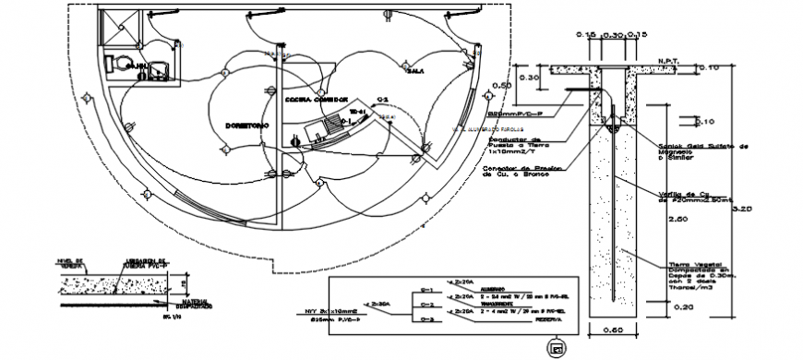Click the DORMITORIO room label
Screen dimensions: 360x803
pyautogui.click(x=245, y=123)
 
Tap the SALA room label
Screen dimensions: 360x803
pyautogui.click(x=415, y=70)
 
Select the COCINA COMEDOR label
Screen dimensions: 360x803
pyautogui.click(x=317, y=99)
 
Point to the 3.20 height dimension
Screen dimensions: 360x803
pyautogui.click(x=745, y=210)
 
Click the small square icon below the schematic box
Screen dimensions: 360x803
pyautogui.click(x=556, y=347)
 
